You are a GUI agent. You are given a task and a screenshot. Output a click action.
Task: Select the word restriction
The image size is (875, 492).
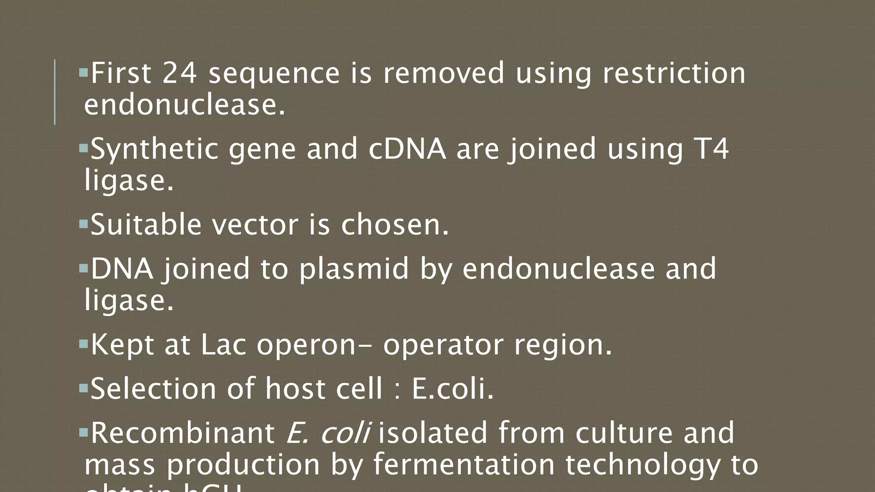pyautogui.click(x=674, y=73)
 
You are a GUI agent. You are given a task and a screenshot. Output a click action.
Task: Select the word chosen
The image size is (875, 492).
pyautogui.click(x=395, y=225)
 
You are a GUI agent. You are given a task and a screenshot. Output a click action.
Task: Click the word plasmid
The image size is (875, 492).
pyautogui.click(x=354, y=269)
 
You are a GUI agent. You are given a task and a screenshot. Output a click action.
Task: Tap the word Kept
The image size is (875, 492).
pyautogui.click(x=122, y=345)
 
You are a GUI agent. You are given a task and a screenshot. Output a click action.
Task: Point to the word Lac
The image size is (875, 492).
pyautogui.click(x=223, y=345)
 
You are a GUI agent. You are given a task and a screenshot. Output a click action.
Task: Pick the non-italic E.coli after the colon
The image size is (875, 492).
pyautogui.click(x=452, y=389)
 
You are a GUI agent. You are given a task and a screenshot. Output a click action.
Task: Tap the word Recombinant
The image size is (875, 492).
pyautogui.click(x=183, y=433)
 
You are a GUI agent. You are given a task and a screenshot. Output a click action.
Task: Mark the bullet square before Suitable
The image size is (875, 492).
pyautogui.click(x=83, y=223)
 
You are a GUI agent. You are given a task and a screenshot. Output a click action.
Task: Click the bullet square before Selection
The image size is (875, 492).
pyautogui.click(x=83, y=387)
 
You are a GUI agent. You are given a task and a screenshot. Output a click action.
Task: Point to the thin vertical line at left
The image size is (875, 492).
pyautogui.click(x=55, y=92)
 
